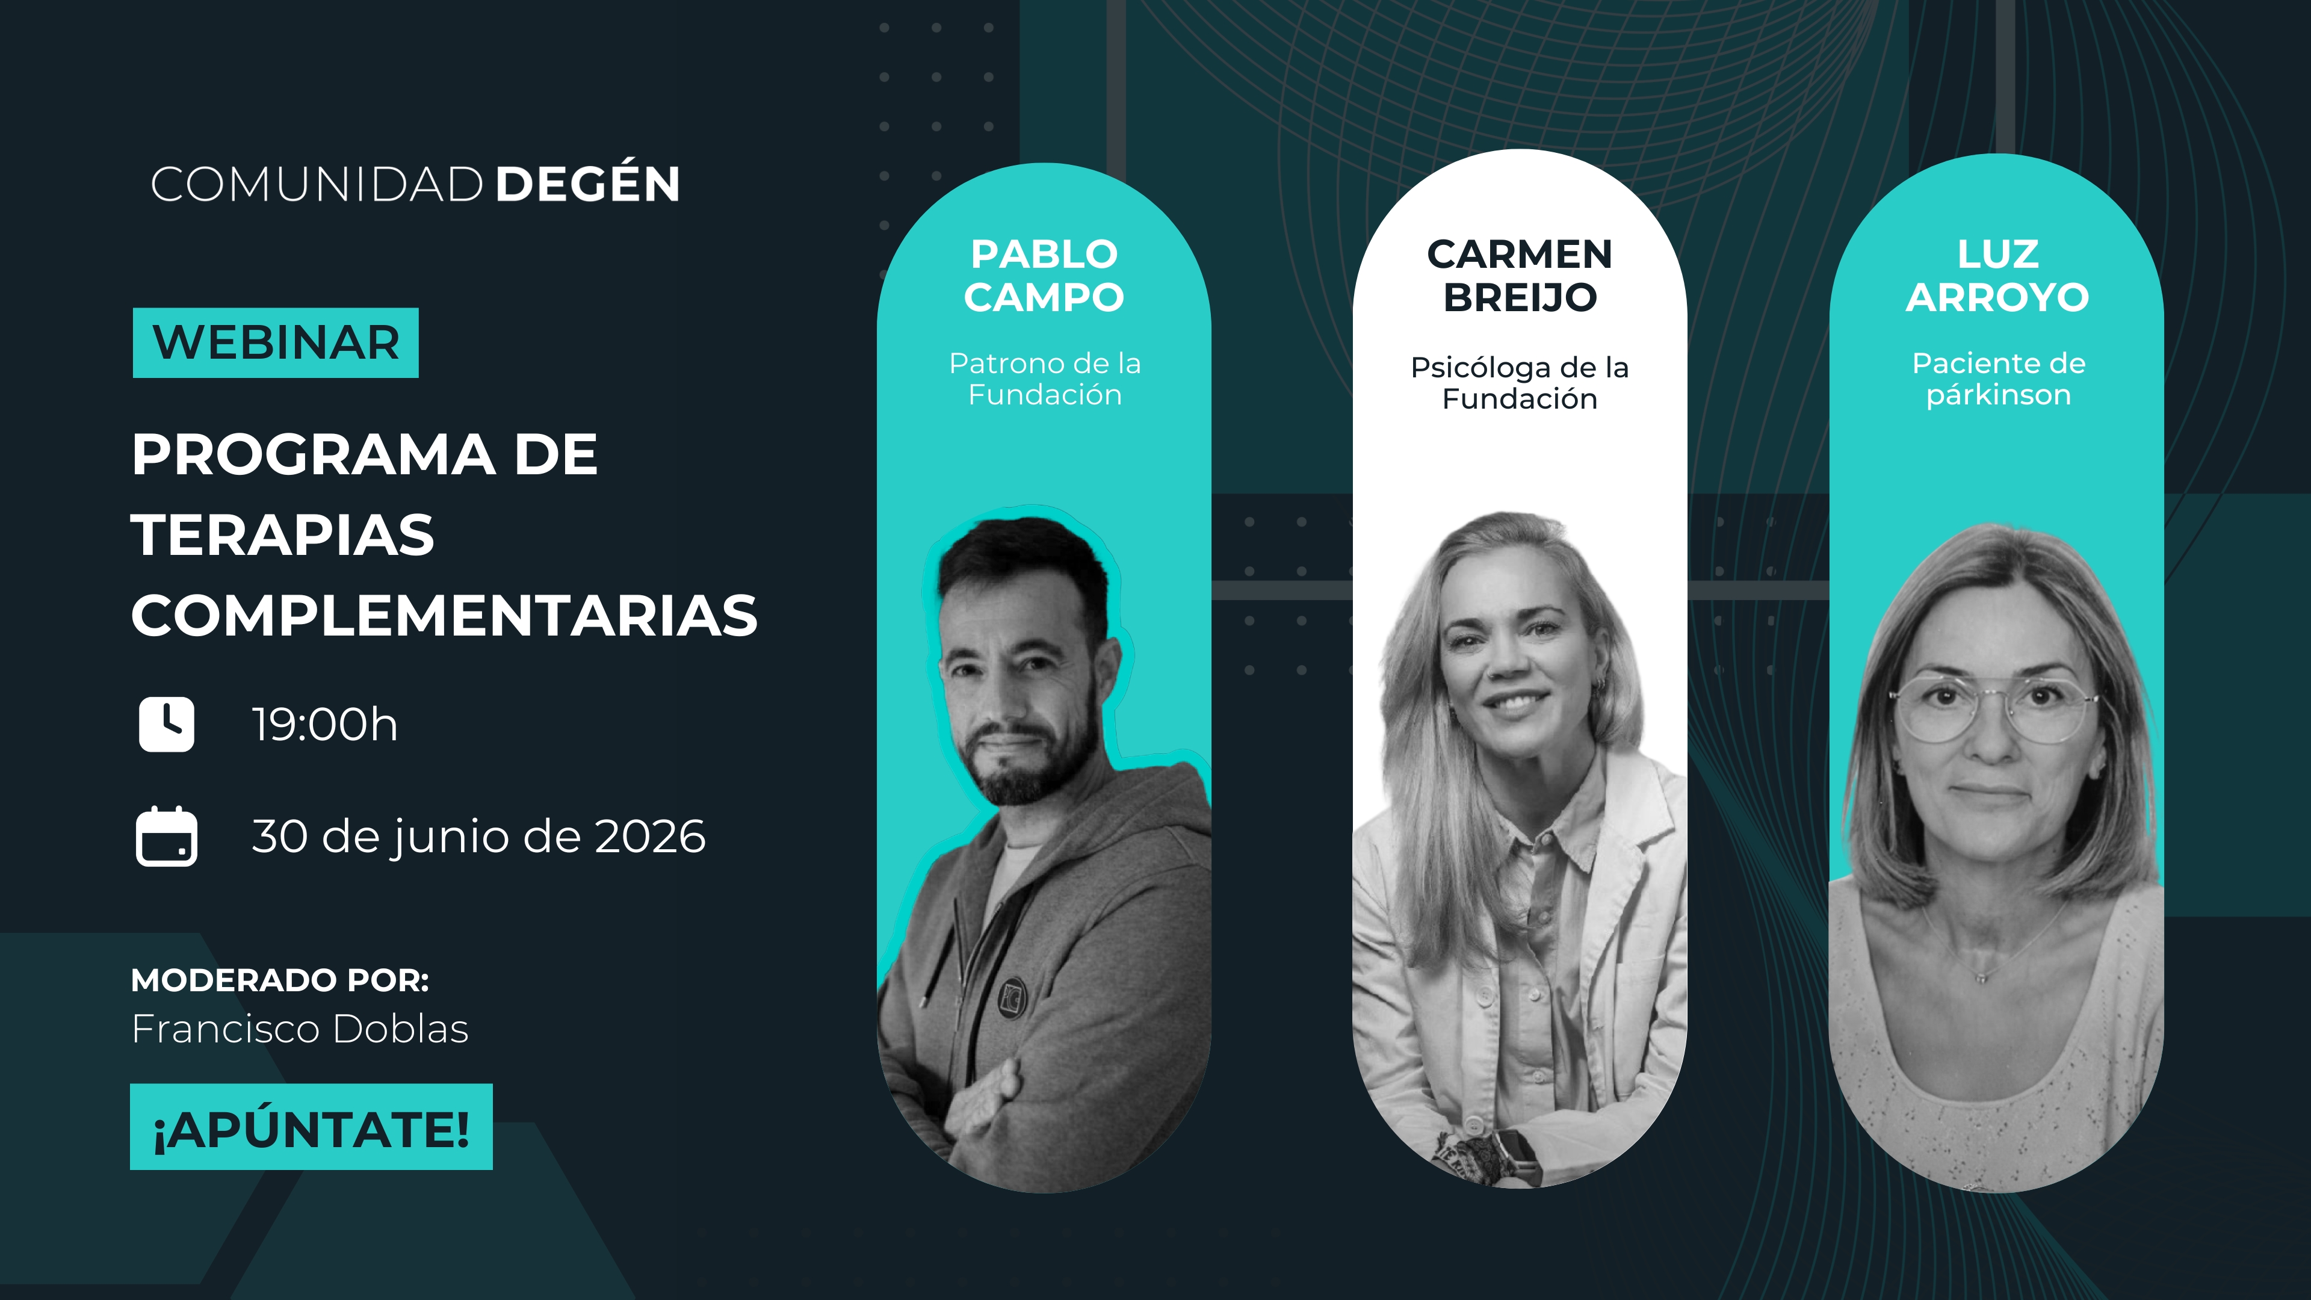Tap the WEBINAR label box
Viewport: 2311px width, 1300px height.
coord(276,342)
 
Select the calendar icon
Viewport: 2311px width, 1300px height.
coord(166,836)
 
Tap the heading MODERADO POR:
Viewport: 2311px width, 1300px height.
coord(280,980)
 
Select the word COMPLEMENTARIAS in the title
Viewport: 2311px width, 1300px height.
coord(444,616)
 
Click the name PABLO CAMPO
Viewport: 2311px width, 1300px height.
coord(1044,276)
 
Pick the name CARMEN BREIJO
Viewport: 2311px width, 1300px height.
coord(1520,276)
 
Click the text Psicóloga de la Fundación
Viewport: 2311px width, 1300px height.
coord(1520,383)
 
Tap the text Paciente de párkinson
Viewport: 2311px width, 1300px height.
coord(1998,379)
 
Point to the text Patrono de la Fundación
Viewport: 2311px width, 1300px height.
coord(1045,379)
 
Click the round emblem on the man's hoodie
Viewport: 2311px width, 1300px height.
coord(1013,996)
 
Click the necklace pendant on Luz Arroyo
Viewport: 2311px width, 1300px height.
coord(1982,975)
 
